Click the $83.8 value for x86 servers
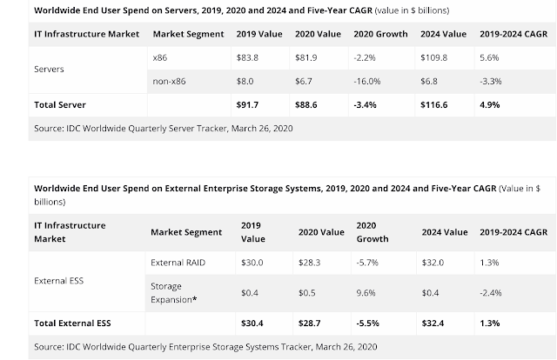pyautogui.click(x=247, y=57)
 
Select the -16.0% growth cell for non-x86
pyautogui.click(x=367, y=81)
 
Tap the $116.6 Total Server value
pyautogui.click(x=433, y=104)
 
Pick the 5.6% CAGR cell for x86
pyautogui.click(x=489, y=57)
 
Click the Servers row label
pyautogui.click(x=49, y=70)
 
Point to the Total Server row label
pyautogui.click(x=60, y=104)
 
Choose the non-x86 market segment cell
pyautogui.click(x=169, y=81)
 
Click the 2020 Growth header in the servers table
pyautogui.click(x=380, y=34)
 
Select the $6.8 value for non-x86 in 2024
pyautogui.click(x=429, y=81)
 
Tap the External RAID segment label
pyautogui.click(x=178, y=263)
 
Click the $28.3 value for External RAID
pyautogui.click(x=310, y=263)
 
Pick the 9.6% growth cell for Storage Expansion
pyautogui.click(x=366, y=293)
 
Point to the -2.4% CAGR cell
pyautogui.click(x=491, y=293)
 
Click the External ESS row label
pyautogui.click(x=59, y=281)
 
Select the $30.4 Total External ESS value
pyautogui.click(x=252, y=323)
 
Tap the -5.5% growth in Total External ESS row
pyautogui.click(x=367, y=323)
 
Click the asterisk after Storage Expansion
pyautogui.click(x=194, y=299)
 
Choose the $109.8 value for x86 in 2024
pyautogui.click(x=433, y=57)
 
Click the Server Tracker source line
pyautogui.click(x=164, y=129)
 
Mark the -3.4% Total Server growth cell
pyautogui.click(x=365, y=104)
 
